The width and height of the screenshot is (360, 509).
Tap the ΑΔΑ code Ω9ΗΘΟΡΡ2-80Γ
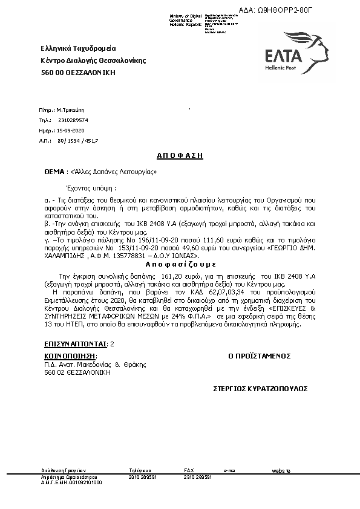tap(296, 10)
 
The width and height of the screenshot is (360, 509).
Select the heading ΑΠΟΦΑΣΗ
tap(180, 155)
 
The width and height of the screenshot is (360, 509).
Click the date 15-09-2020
tap(71, 131)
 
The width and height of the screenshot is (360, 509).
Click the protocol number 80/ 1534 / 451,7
tap(77, 140)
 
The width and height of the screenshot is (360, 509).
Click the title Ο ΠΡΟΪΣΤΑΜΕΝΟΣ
tap(260, 356)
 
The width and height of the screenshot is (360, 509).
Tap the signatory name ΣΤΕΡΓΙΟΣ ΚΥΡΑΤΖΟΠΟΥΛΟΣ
tap(261, 388)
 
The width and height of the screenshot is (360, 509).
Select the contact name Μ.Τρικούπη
tap(71, 111)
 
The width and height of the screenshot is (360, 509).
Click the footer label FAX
tap(189, 470)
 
